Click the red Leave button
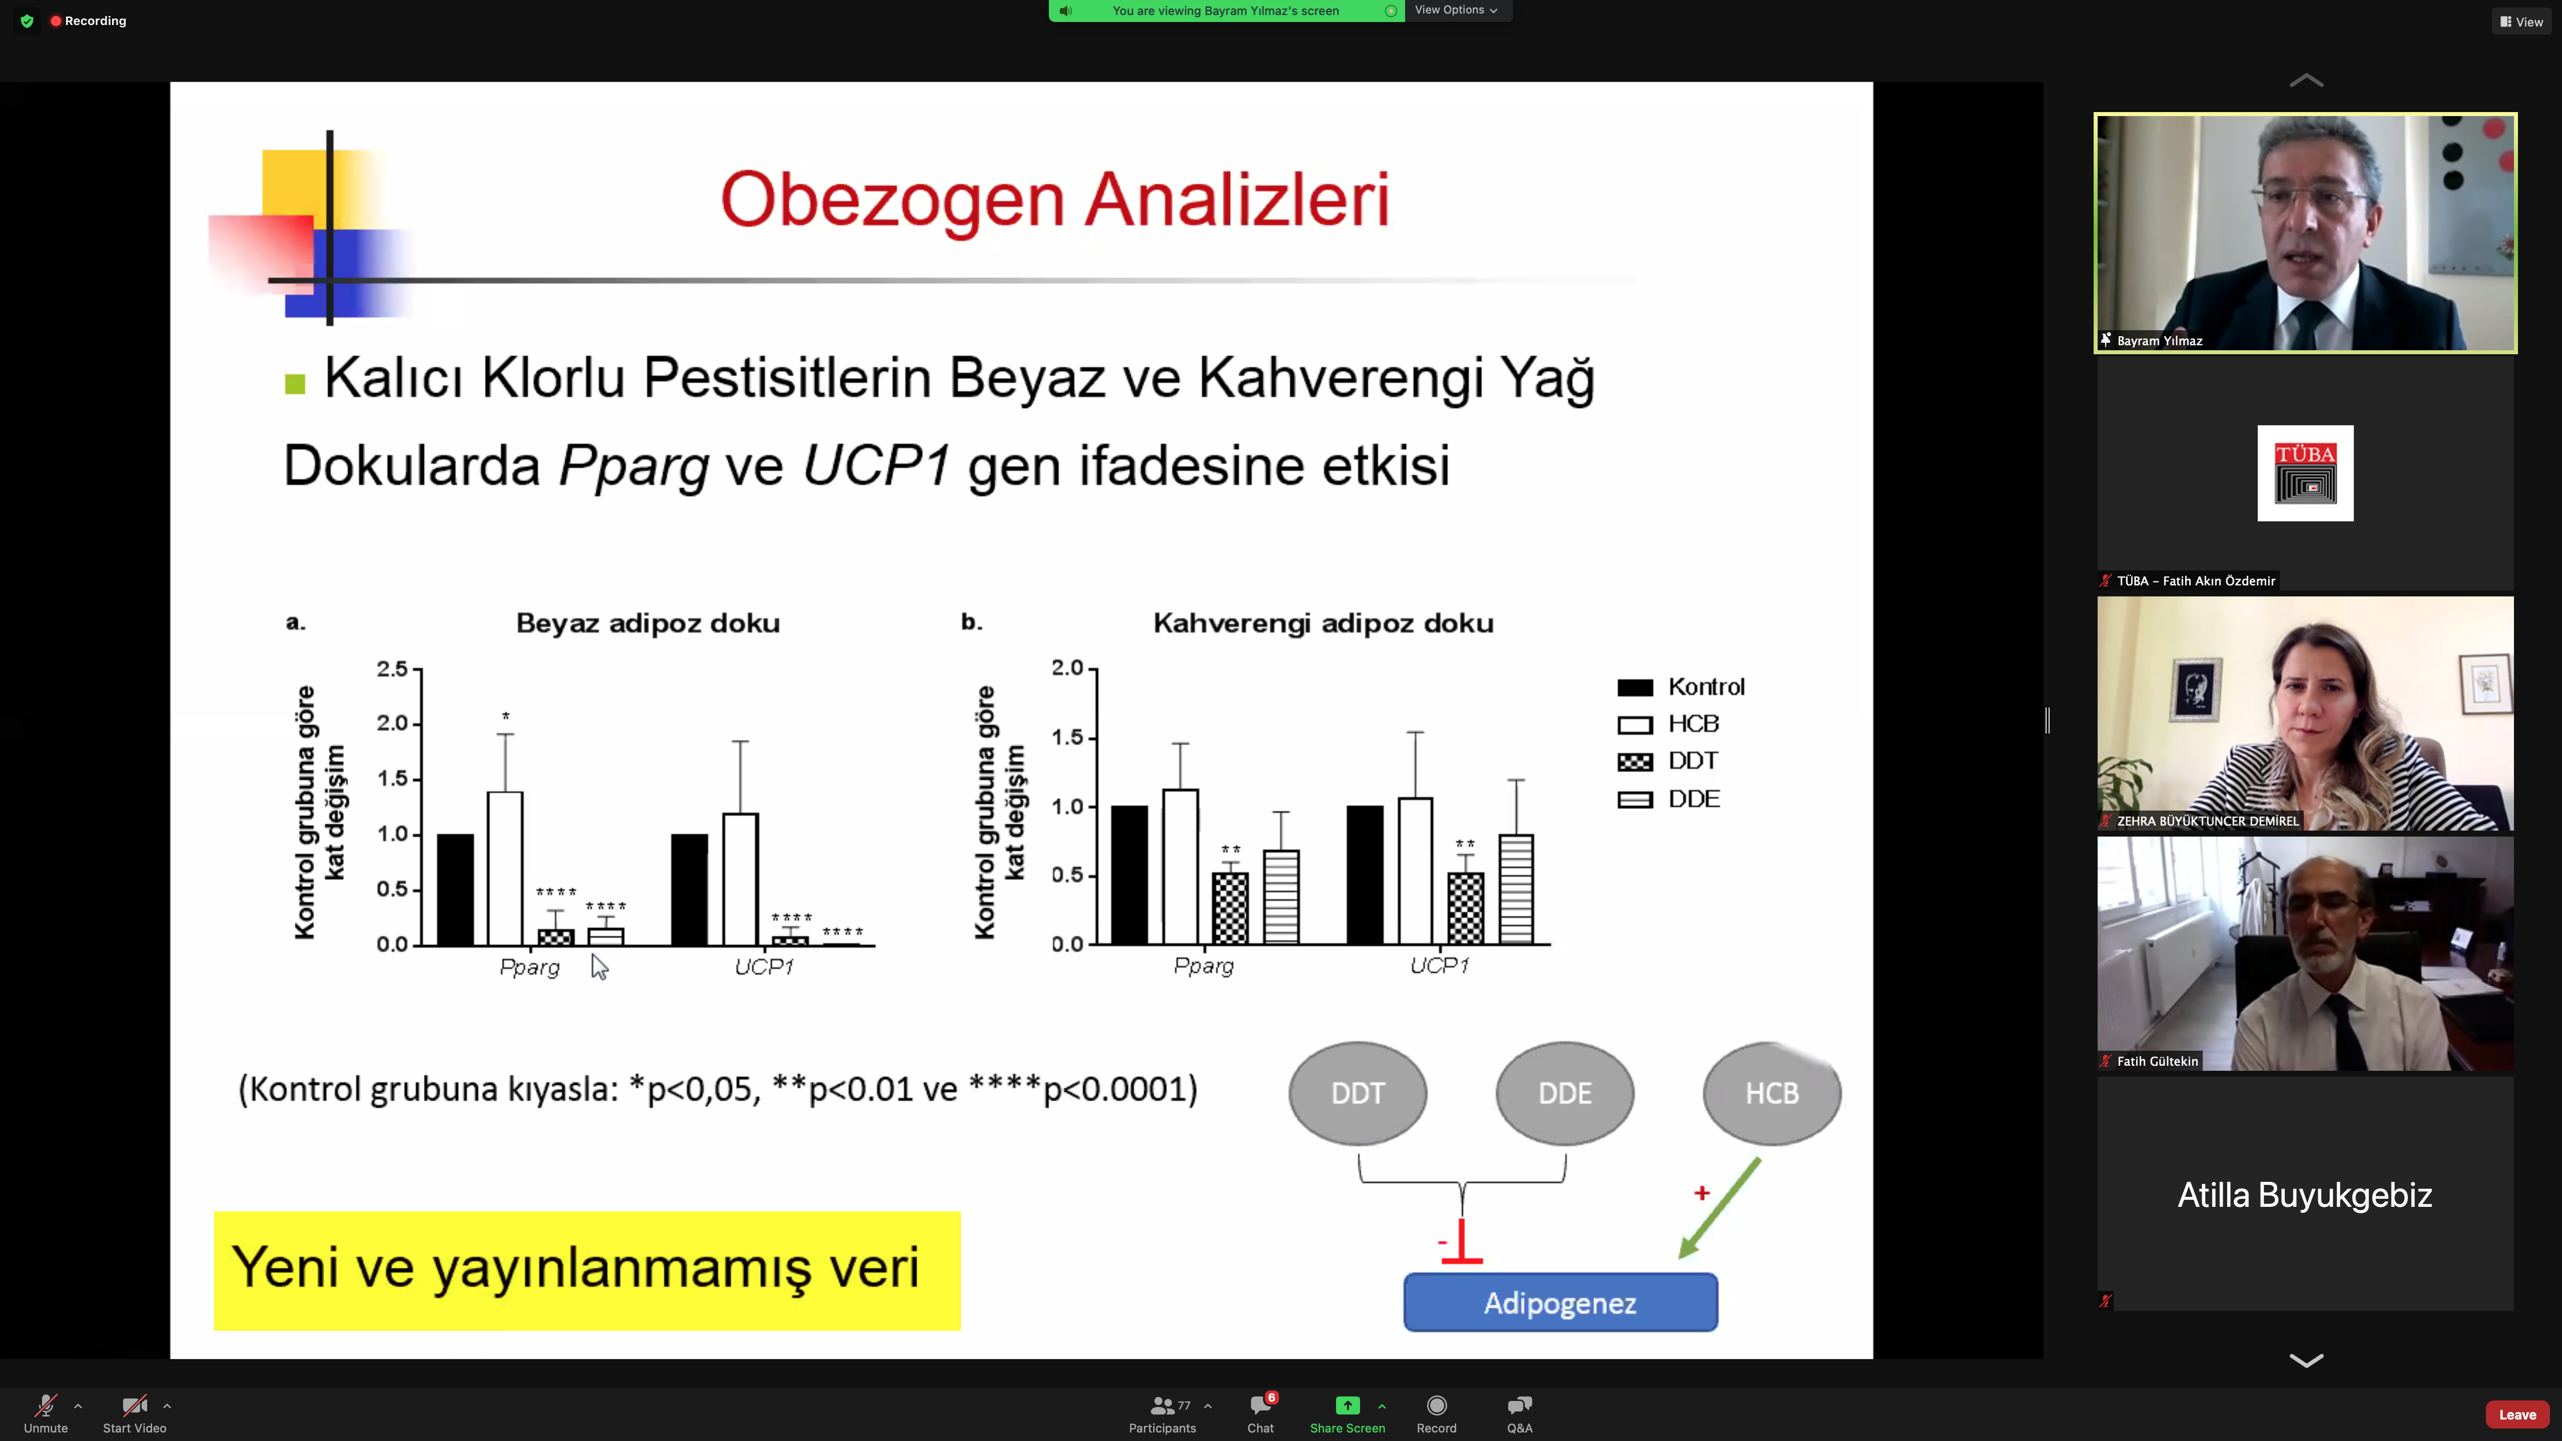click(2517, 1414)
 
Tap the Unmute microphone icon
click(46, 1405)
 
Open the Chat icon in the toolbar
click(1260, 1405)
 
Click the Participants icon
click(1161, 1405)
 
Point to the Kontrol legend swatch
click(1635, 687)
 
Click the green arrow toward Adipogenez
click(1720, 1208)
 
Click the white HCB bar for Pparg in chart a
click(505, 868)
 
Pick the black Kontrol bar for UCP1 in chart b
click(1365, 875)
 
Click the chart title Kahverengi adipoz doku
click(1323, 623)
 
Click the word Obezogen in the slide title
click(892, 200)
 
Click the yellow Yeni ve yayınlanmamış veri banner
click(587, 1270)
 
